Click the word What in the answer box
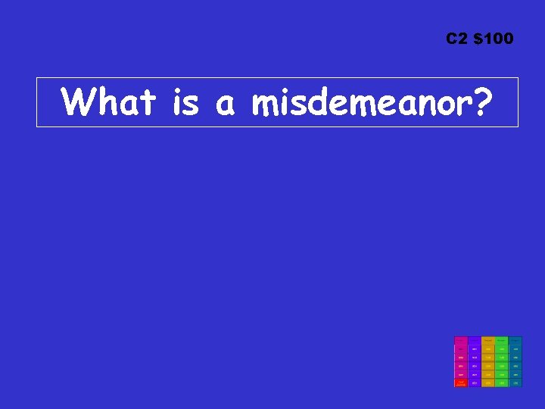pyautogui.click(x=110, y=102)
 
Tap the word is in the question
pyautogui.click(x=185, y=102)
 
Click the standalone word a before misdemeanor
pyautogui.click(x=226, y=105)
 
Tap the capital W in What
pyautogui.click(x=79, y=102)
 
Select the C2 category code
pyautogui.click(x=457, y=39)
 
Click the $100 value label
pyautogui.click(x=493, y=39)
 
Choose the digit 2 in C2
pyautogui.click(x=462, y=39)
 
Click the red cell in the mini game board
pyautogui.click(x=460, y=382)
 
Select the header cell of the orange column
pyautogui.click(x=488, y=340)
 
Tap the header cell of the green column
pyautogui.click(x=502, y=340)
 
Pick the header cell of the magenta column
pyautogui.click(x=460, y=340)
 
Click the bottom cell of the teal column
pyautogui.click(x=515, y=382)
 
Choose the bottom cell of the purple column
pyautogui.click(x=475, y=382)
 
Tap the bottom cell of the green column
pyautogui.click(x=502, y=382)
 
